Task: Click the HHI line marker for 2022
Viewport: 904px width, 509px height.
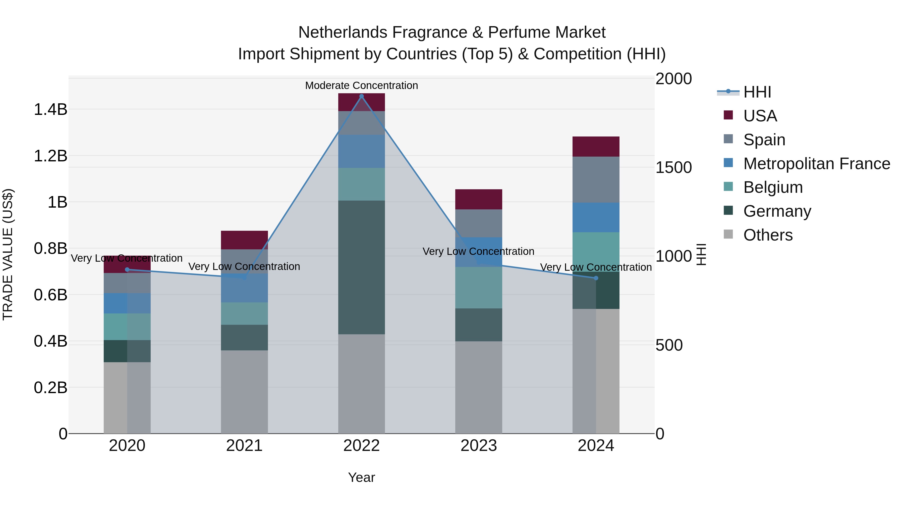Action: pyautogui.click(x=361, y=96)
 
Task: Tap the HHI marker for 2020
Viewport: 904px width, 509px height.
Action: pyautogui.click(x=127, y=269)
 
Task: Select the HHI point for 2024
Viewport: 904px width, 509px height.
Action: pyautogui.click(x=596, y=278)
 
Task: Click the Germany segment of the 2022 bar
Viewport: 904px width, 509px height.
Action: pyautogui.click(x=361, y=267)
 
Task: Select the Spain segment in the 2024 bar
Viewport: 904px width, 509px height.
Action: pyautogui.click(x=596, y=179)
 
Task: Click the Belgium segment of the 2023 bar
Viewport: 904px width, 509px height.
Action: pyautogui.click(x=479, y=287)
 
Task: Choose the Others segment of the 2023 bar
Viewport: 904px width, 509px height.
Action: pyautogui.click(x=479, y=386)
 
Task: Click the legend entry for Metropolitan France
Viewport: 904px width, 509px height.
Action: pyautogui.click(x=817, y=163)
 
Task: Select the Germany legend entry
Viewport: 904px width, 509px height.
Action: pyautogui.click(x=777, y=211)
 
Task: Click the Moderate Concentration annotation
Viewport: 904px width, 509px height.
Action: pyautogui.click(x=361, y=85)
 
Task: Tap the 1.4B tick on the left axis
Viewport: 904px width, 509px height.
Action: pyautogui.click(x=50, y=109)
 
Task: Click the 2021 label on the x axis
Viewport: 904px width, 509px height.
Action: pyautogui.click(x=244, y=445)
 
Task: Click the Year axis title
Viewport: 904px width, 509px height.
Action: pyautogui.click(x=361, y=477)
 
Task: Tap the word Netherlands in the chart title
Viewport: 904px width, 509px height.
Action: pyautogui.click(x=343, y=32)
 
